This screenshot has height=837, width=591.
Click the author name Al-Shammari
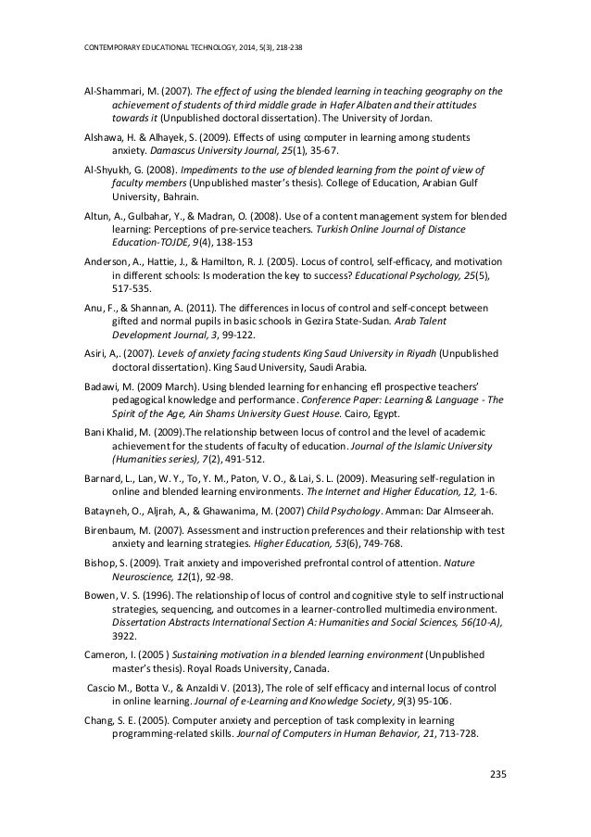pos(106,91)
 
